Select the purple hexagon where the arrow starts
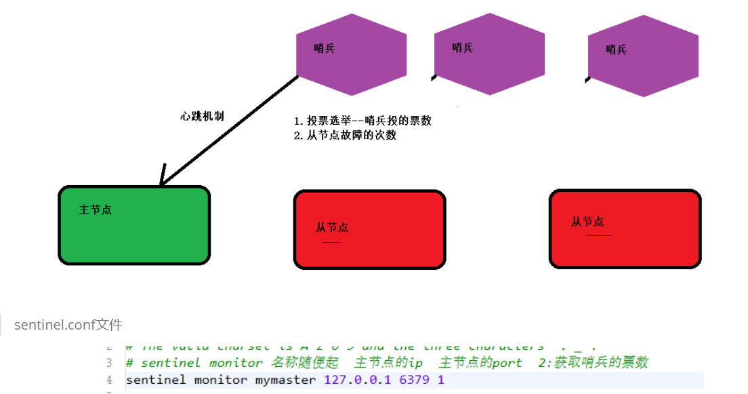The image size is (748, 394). pyautogui.click(x=352, y=54)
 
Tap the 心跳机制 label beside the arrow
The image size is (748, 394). pyautogui.click(x=202, y=116)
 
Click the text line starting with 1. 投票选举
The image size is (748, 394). pyautogui.click(x=362, y=121)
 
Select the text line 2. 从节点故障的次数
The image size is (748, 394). pyautogui.click(x=345, y=135)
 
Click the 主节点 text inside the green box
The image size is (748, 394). pyautogui.click(x=96, y=210)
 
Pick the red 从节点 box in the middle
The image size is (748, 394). pyautogui.click(x=369, y=229)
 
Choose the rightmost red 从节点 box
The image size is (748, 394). pyautogui.click(x=625, y=229)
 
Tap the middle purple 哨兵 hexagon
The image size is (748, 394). pyautogui.click(x=489, y=54)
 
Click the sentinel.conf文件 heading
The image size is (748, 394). pyautogui.click(x=68, y=326)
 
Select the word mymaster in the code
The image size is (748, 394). pyautogui.click(x=285, y=380)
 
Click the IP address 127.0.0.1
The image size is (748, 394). pyautogui.click(x=358, y=380)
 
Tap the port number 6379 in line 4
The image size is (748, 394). pyautogui.click(x=415, y=380)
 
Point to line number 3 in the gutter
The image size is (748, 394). pyautogui.click(x=109, y=363)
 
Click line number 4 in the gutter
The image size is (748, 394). pyautogui.click(x=109, y=380)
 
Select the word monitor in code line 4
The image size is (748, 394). pyautogui.click(x=221, y=380)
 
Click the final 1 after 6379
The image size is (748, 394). pyautogui.click(x=441, y=380)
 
